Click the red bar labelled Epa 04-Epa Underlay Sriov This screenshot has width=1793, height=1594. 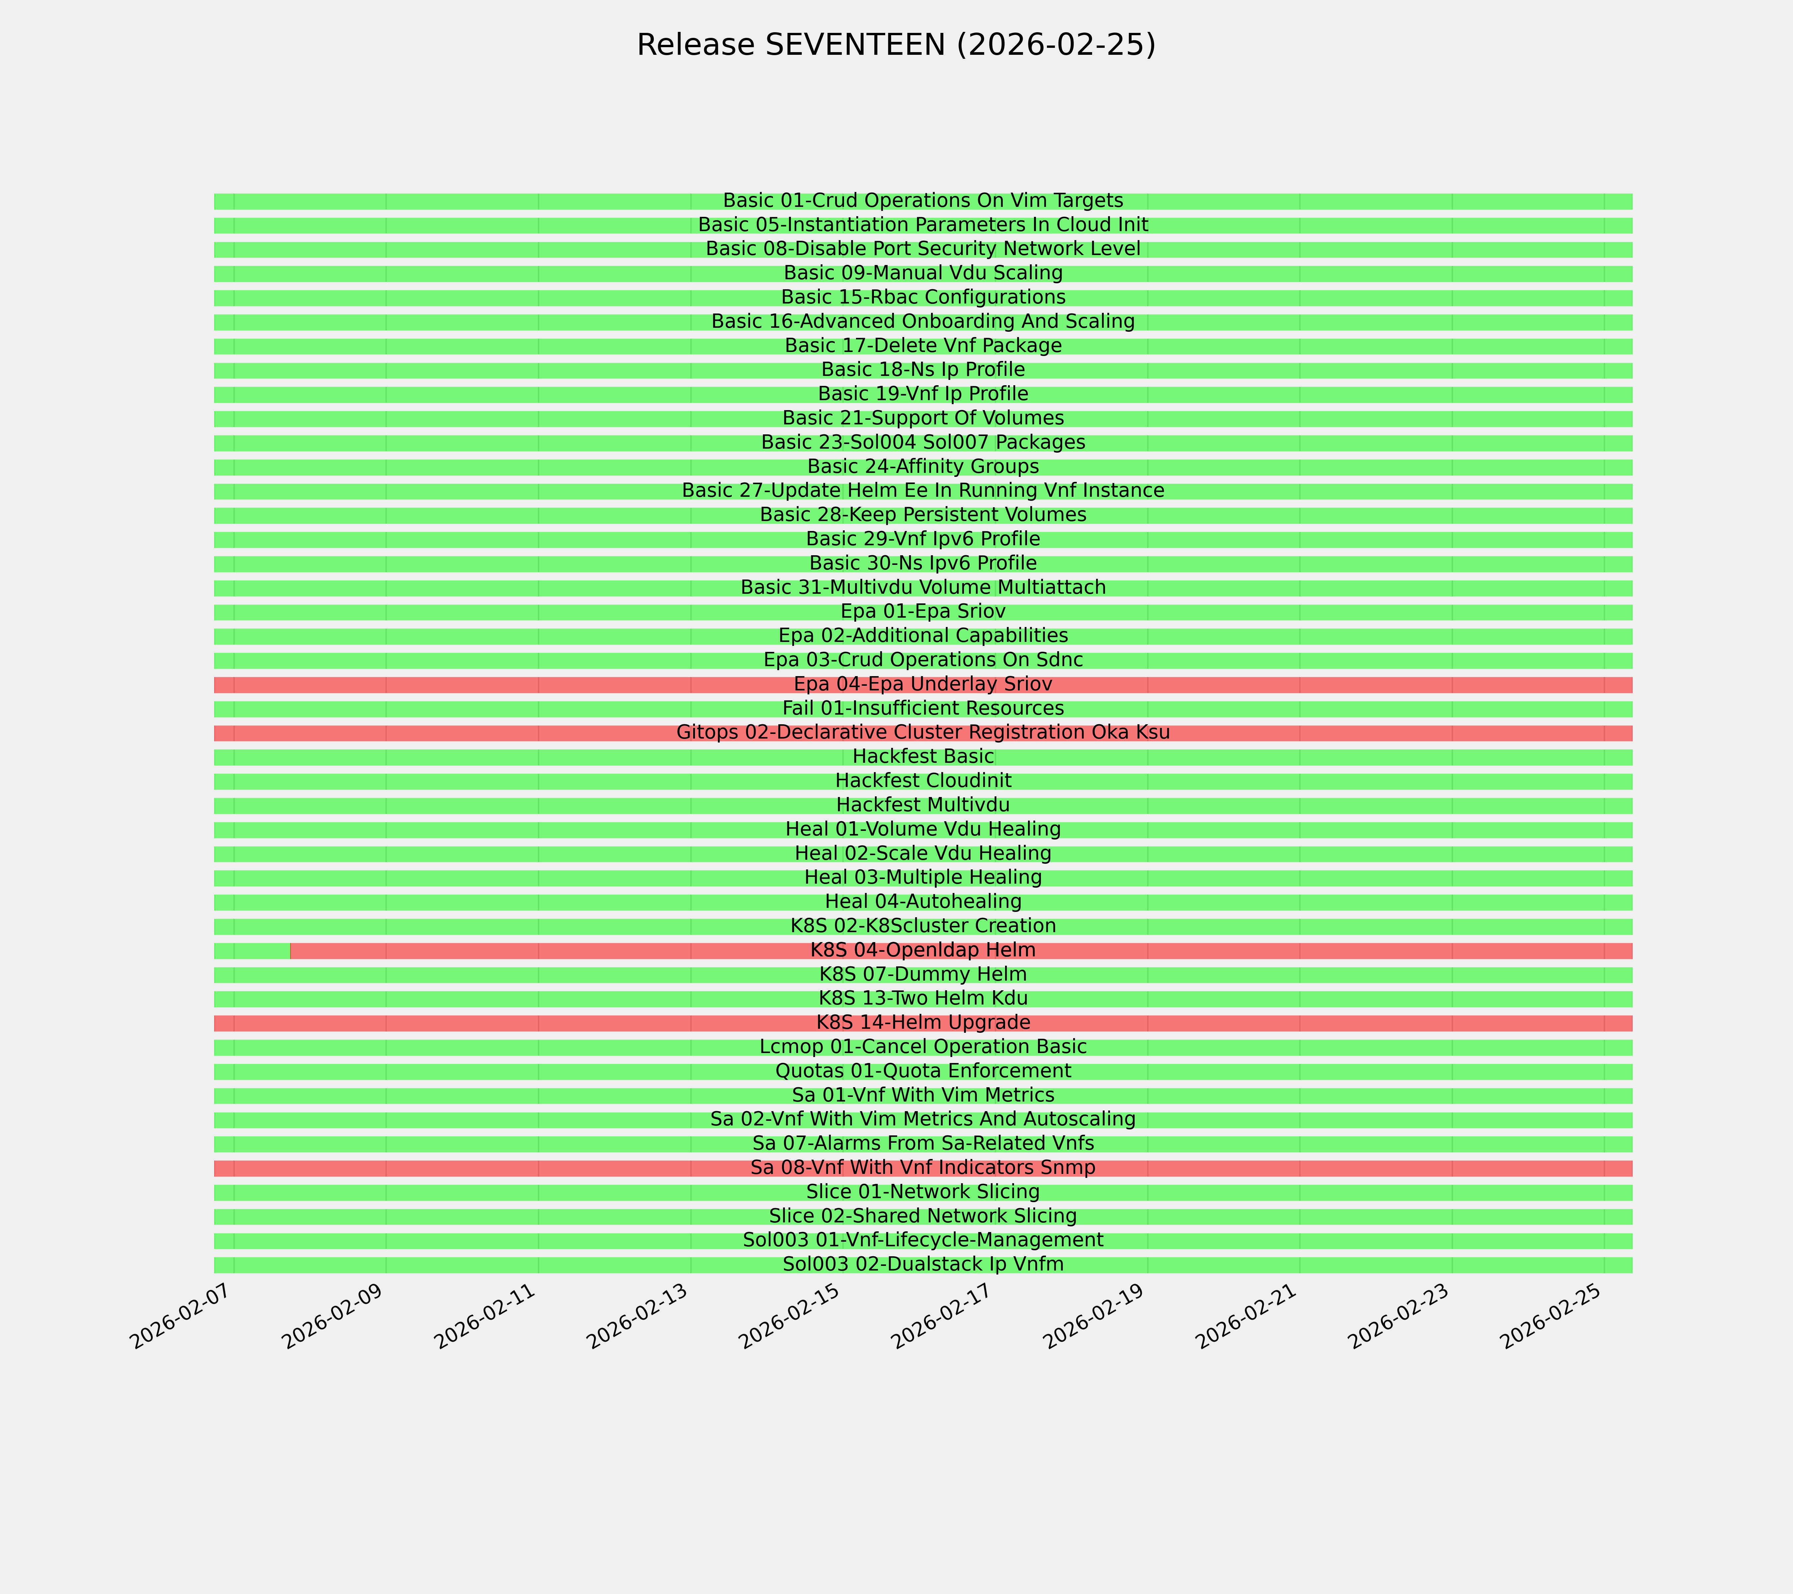coord(526,684)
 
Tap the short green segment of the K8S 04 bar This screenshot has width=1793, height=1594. coord(252,950)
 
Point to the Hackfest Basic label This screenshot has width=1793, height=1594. coord(923,756)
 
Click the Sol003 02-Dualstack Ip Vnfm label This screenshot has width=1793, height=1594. coord(923,1264)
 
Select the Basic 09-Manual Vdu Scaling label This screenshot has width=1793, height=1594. coord(923,273)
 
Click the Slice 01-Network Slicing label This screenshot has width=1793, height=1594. coord(923,1191)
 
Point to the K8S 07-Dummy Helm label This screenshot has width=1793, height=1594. coord(923,974)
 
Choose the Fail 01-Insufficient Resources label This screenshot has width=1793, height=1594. coord(923,708)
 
